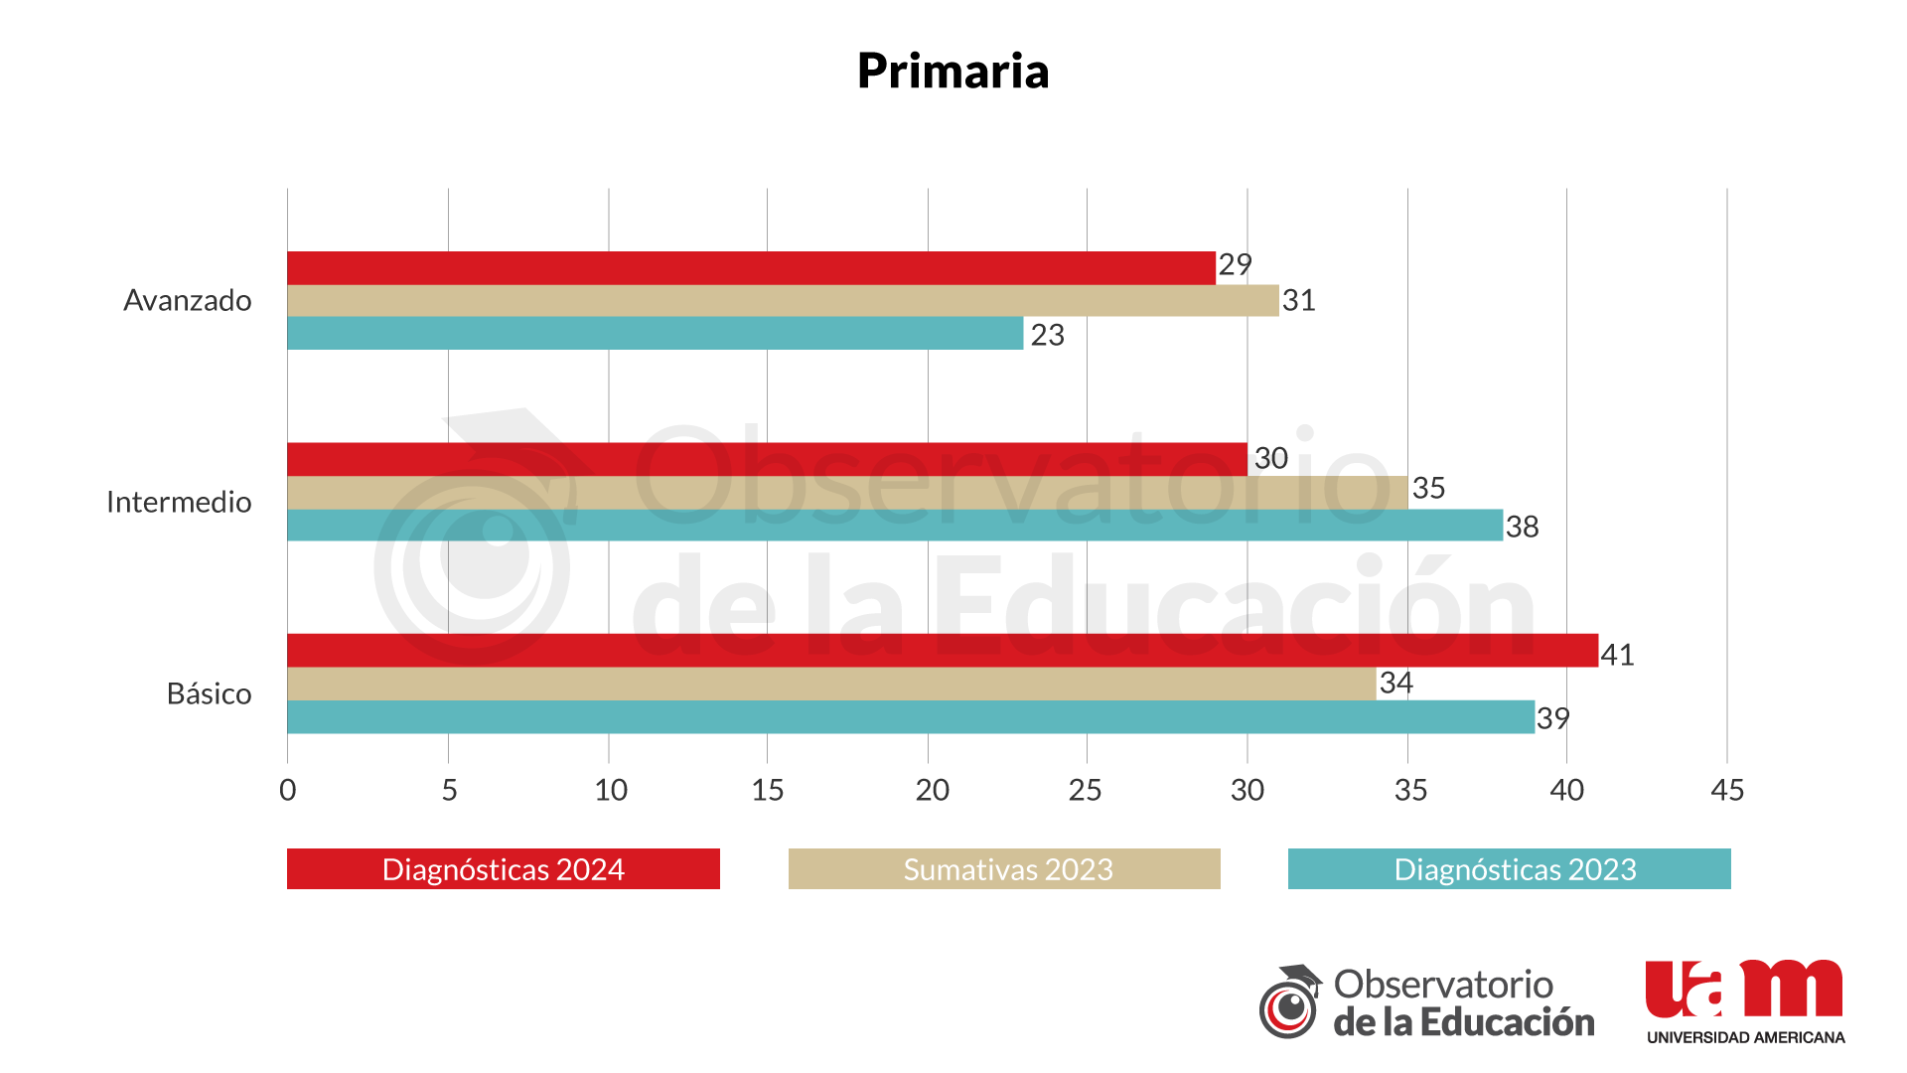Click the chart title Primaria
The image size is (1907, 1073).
point(953,71)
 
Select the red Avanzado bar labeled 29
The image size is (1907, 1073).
point(751,268)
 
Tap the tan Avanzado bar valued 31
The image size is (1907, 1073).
point(783,300)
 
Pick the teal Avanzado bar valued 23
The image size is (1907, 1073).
point(655,333)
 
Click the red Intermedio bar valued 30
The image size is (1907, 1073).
point(767,459)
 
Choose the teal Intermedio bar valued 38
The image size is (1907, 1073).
point(894,525)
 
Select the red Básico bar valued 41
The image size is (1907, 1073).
point(943,650)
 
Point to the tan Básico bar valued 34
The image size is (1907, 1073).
point(831,684)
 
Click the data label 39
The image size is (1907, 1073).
point(1552,718)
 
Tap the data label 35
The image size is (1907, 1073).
point(1428,488)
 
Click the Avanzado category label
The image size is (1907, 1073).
point(187,300)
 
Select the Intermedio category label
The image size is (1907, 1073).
point(179,502)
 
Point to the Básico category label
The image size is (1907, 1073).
point(209,693)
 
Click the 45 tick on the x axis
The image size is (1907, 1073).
point(1727,790)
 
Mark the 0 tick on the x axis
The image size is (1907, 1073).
point(288,790)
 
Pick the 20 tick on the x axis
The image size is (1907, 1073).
point(932,790)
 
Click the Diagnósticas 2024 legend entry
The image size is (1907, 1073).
point(503,869)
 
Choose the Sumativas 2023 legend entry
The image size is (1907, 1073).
point(1004,869)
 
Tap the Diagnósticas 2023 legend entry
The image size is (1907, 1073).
point(1509,869)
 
